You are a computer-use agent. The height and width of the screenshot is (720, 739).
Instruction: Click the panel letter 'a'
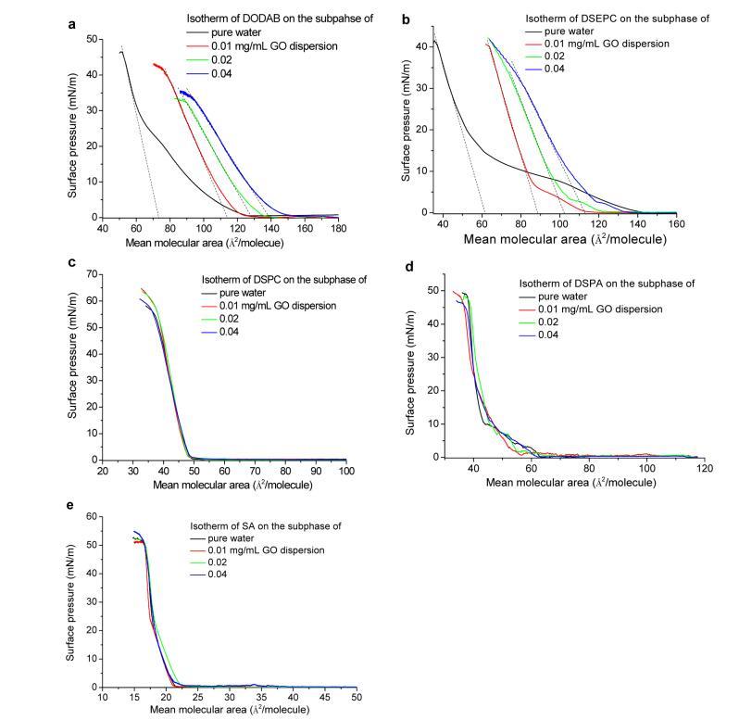73,24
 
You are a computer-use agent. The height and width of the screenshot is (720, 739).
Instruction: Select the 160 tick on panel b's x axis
677,223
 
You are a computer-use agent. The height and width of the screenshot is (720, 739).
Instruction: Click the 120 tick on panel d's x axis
704,468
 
